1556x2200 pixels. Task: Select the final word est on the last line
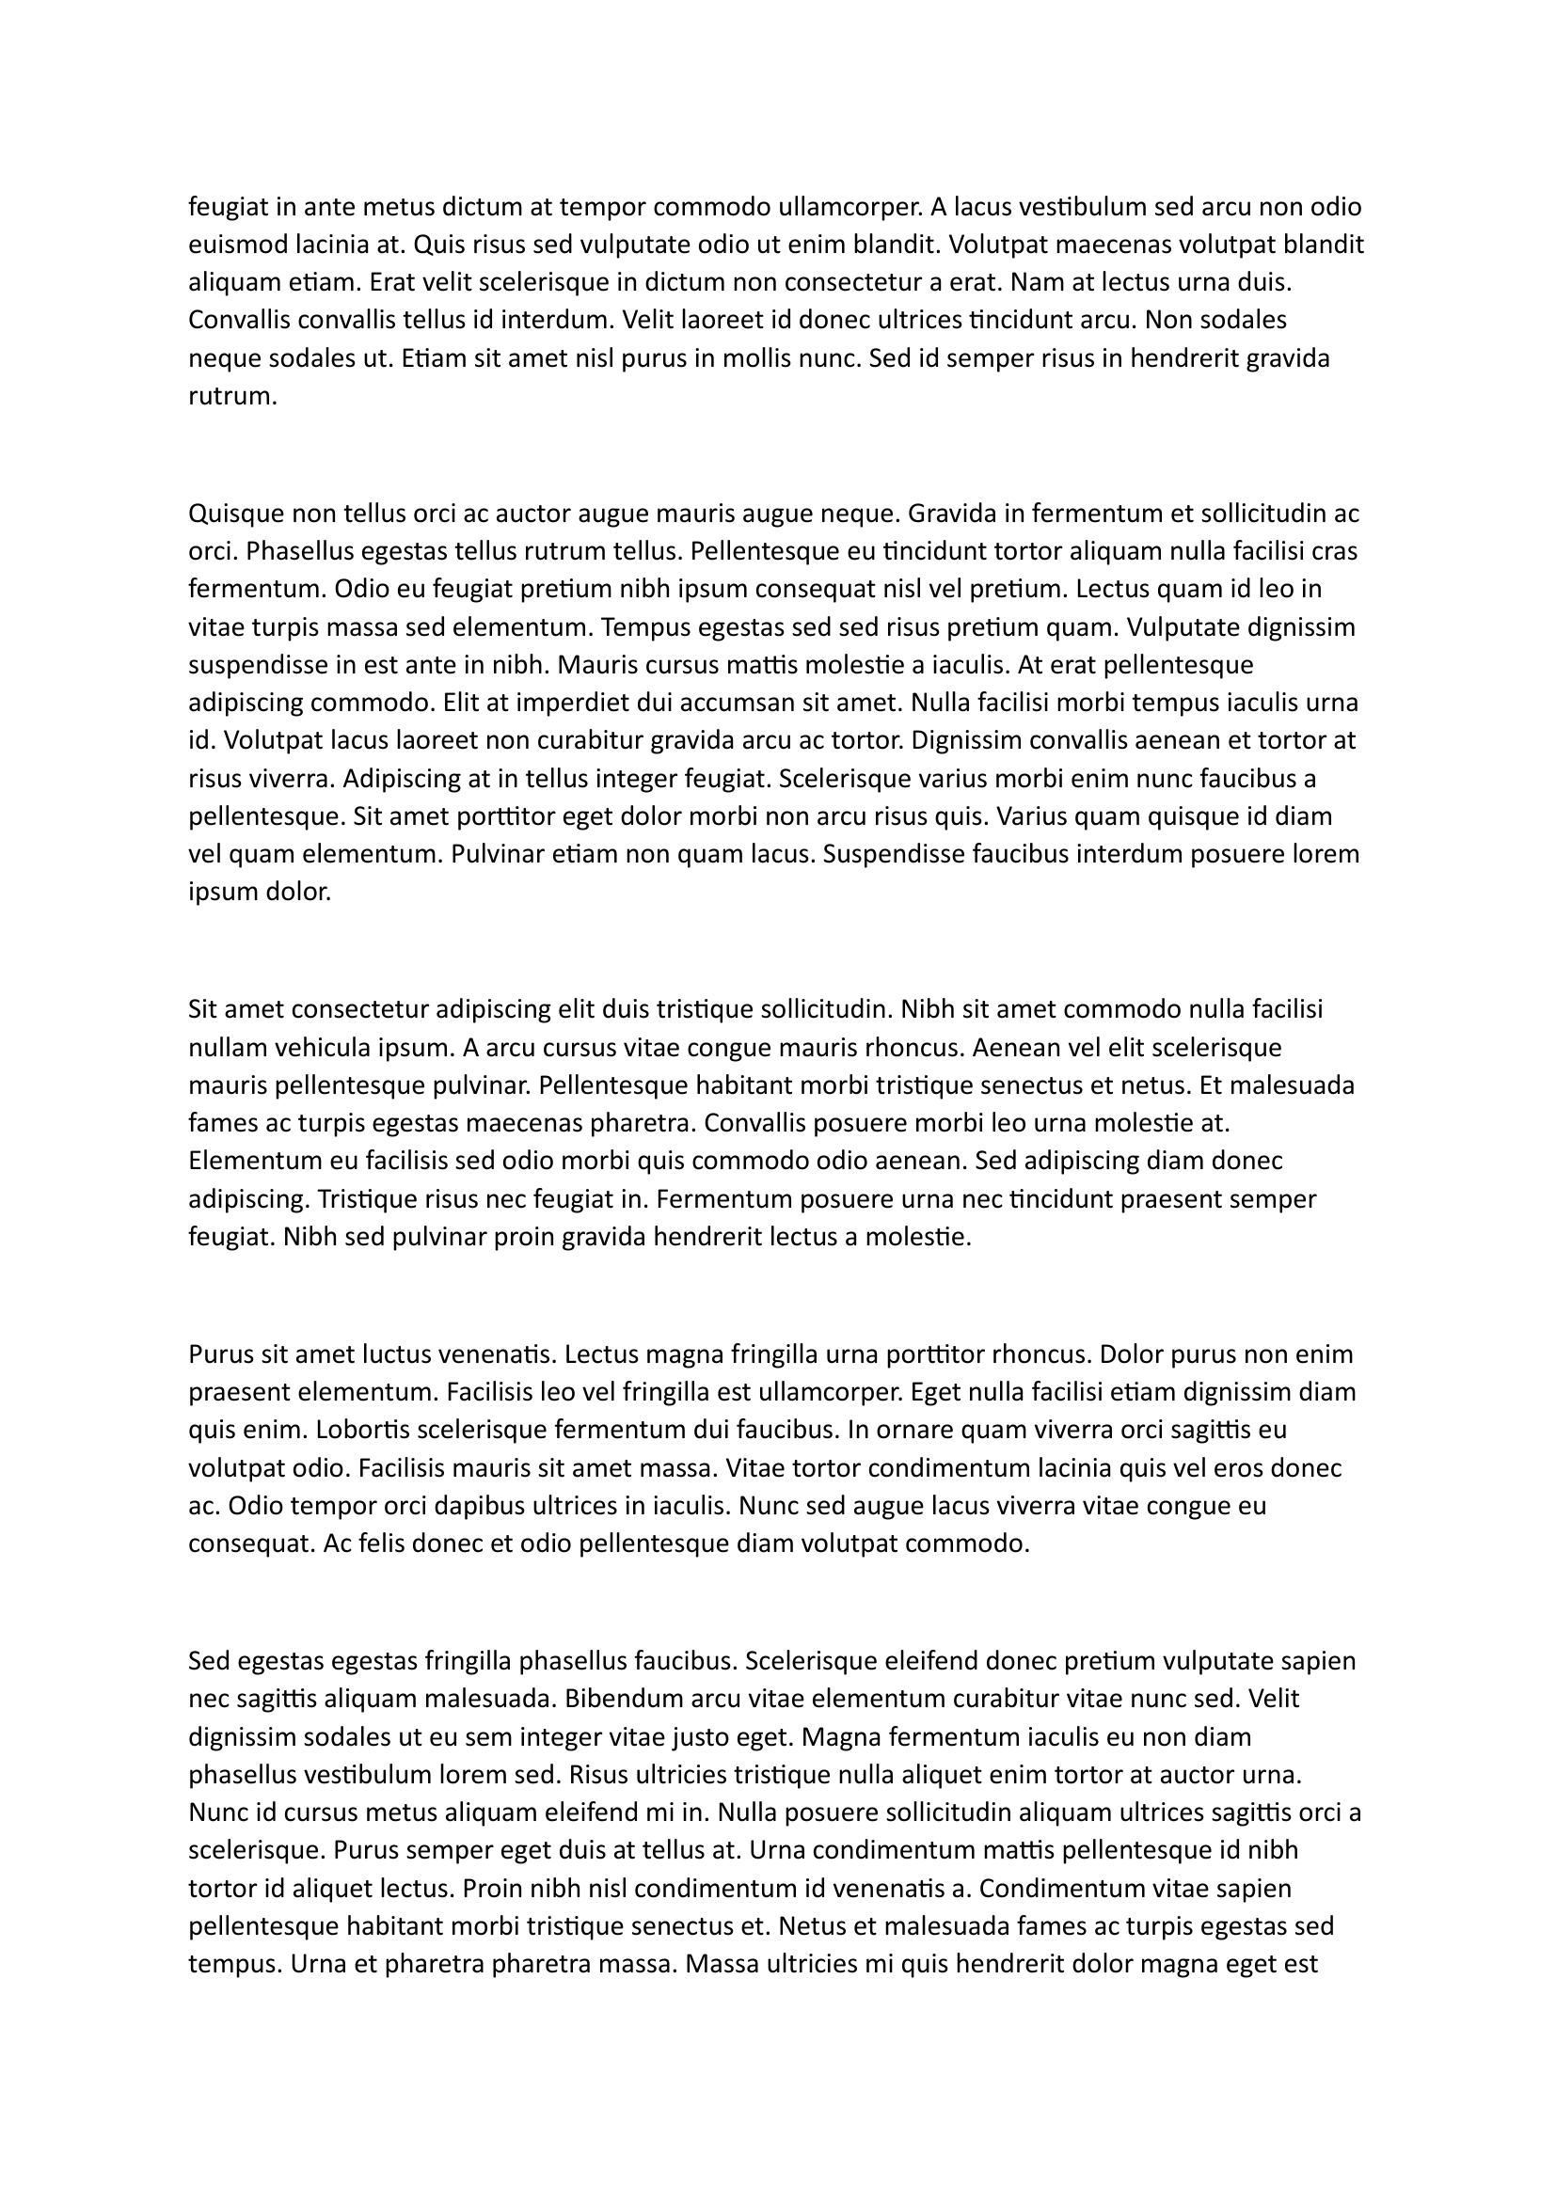pos(1302,1965)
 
